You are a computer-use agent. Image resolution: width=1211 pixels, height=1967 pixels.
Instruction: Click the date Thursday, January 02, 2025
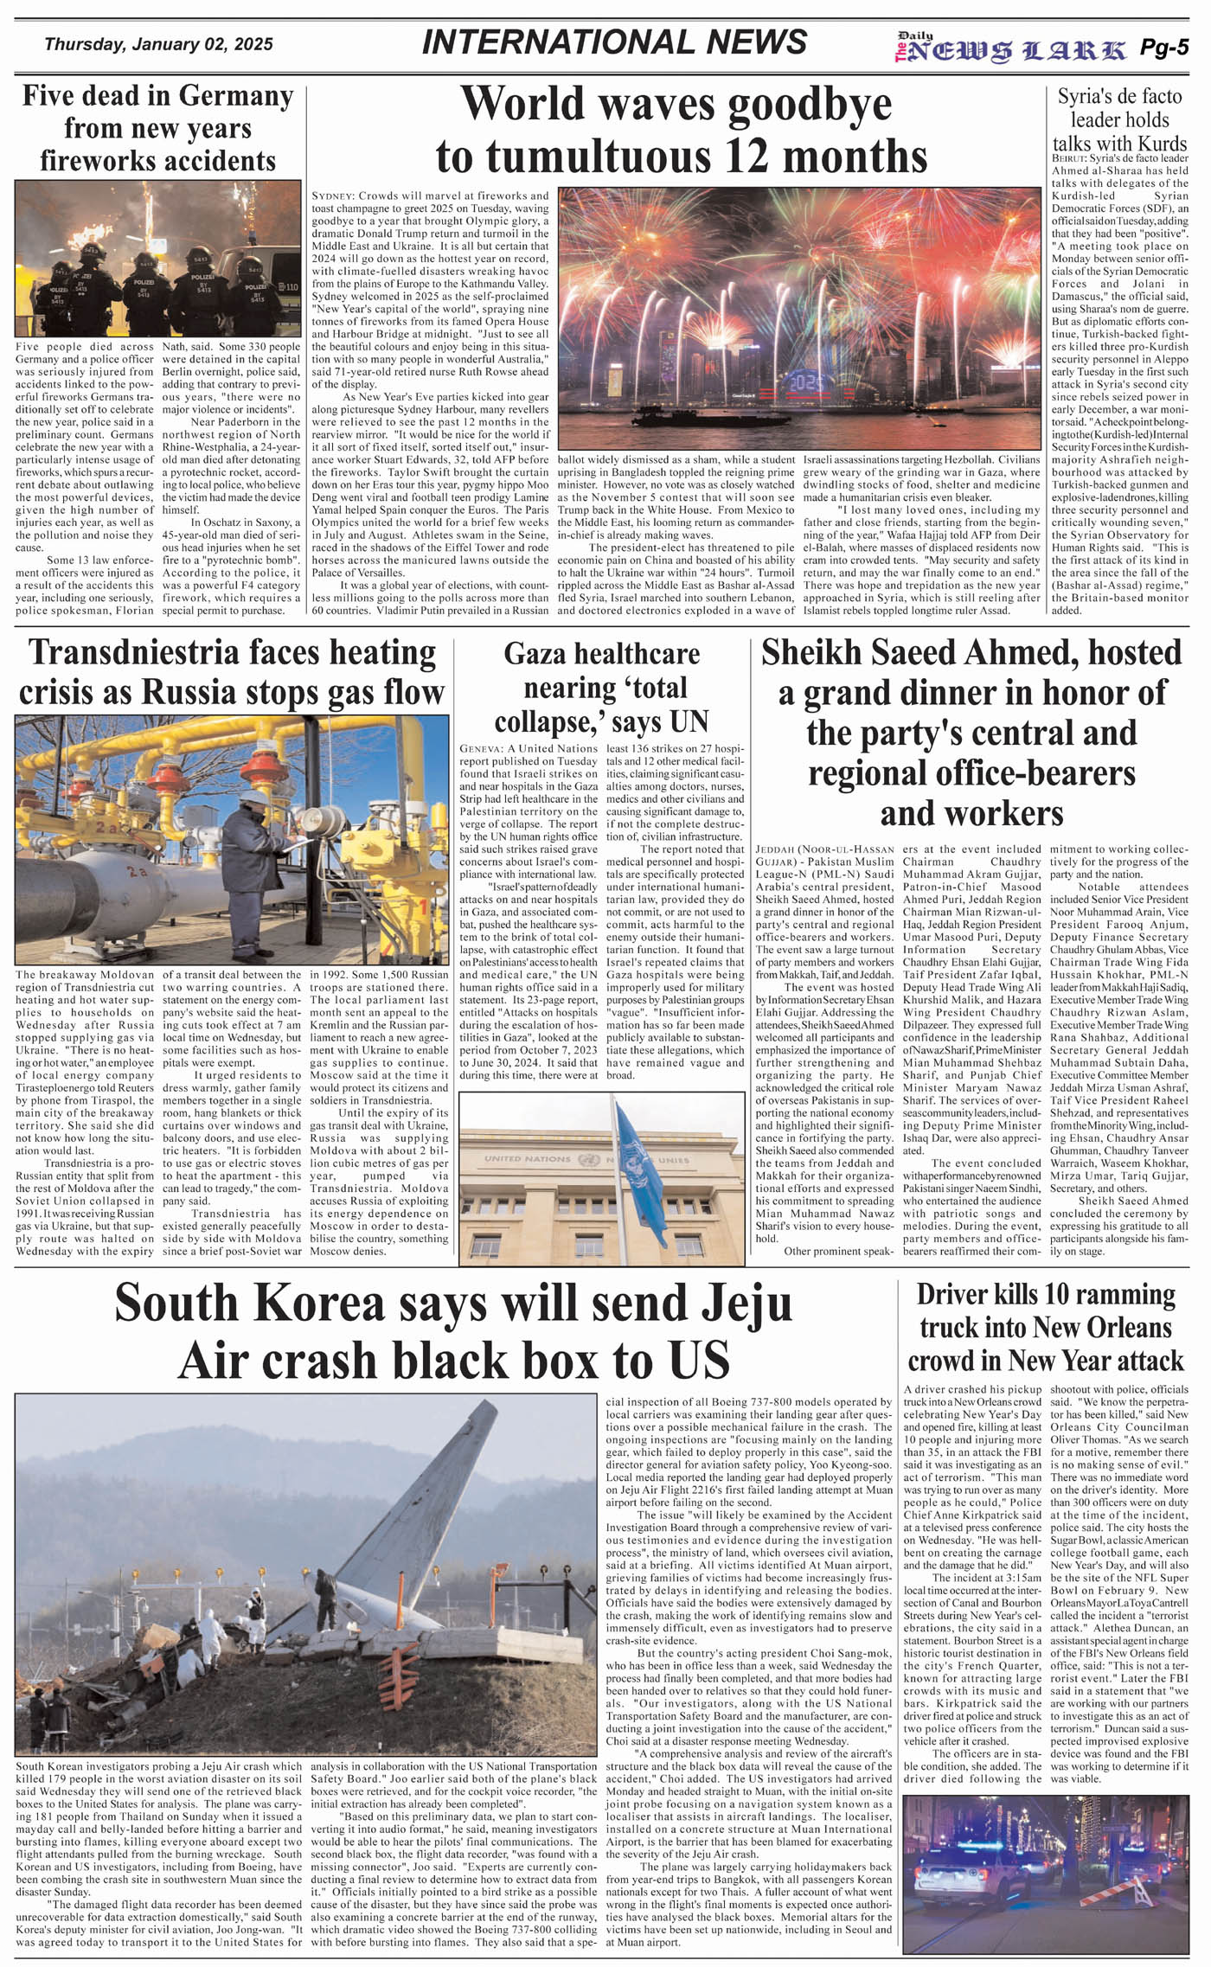pos(158,44)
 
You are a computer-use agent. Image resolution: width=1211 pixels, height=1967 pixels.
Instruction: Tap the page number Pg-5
pos(1163,48)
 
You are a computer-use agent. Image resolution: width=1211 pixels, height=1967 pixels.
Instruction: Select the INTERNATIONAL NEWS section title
pos(614,42)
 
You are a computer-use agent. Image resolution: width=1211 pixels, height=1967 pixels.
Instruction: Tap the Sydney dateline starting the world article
pos(330,196)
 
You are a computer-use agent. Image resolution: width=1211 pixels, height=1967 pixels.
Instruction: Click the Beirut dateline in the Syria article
pos(1068,159)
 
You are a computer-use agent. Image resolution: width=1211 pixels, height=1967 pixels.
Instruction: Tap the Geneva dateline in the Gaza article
pos(481,748)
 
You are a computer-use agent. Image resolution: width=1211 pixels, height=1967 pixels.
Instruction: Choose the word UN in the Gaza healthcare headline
pos(688,721)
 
